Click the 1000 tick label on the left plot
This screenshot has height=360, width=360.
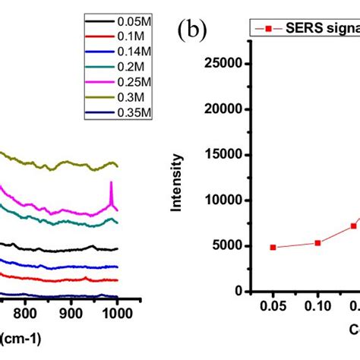click(x=116, y=311)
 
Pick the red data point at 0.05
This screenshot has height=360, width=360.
click(x=273, y=248)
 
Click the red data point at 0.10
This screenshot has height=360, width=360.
click(x=317, y=243)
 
